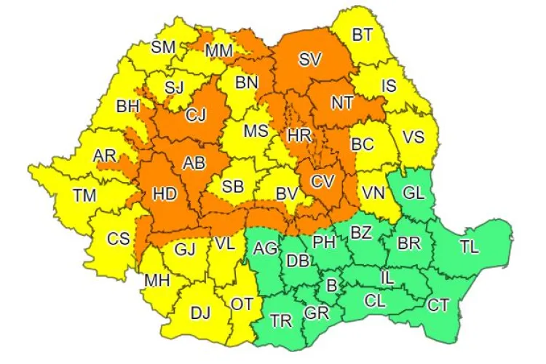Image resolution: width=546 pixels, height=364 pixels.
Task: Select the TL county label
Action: click(x=470, y=247)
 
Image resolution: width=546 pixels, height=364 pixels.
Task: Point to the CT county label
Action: click(x=438, y=305)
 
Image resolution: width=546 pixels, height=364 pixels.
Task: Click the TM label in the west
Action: click(x=84, y=195)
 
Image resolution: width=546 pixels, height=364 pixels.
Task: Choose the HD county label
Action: click(x=165, y=194)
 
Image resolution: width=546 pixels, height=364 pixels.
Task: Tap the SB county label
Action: click(x=233, y=186)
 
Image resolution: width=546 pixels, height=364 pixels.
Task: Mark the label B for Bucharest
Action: click(x=331, y=286)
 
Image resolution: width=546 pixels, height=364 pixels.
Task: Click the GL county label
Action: click(x=414, y=194)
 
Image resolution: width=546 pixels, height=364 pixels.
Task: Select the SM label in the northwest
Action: click(x=163, y=47)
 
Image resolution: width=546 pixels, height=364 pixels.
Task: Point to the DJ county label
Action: click(x=200, y=313)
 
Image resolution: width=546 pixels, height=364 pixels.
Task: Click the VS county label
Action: click(x=414, y=136)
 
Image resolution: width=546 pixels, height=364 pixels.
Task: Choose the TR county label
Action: click(x=281, y=320)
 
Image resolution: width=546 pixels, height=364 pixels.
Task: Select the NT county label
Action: click(x=342, y=103)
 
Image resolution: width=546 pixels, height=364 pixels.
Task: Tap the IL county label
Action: click(x=389, y=277)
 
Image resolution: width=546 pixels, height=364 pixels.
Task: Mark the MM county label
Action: click(x=218, y=51)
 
